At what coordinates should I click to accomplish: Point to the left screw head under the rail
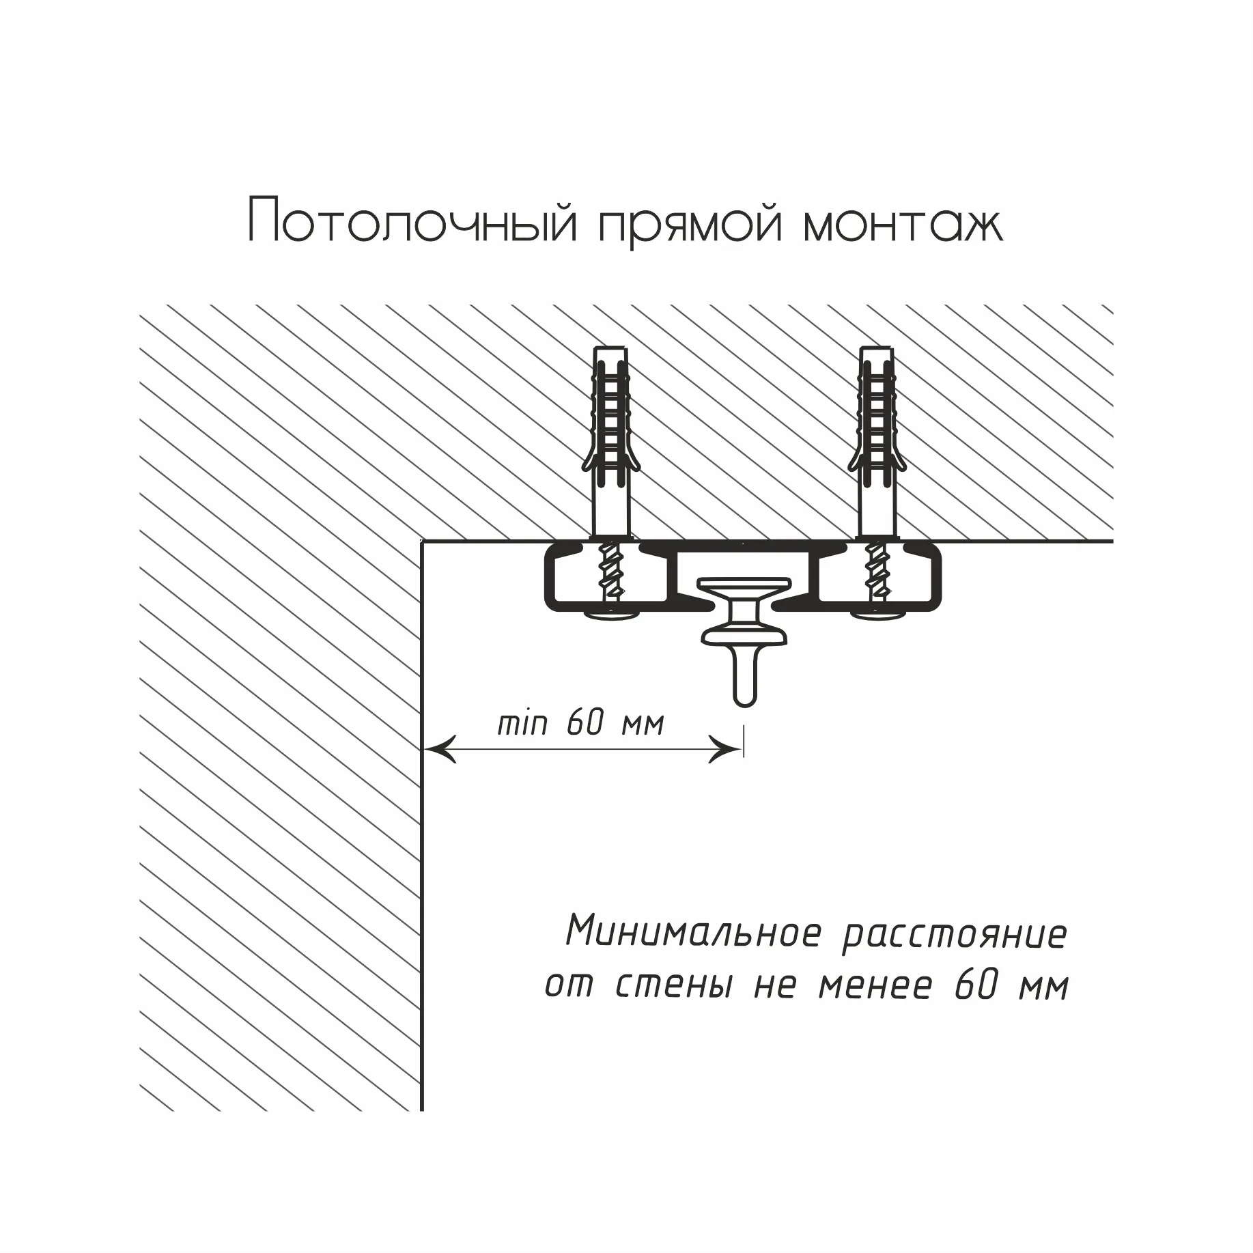(x=611, y=617)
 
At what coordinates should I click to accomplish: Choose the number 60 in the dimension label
(x=586, y=722)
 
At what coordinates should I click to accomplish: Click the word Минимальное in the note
(x=693, y=932)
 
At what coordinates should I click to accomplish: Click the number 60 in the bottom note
(x=976, y=985)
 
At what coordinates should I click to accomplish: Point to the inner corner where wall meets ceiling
(x=422, y=541)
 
